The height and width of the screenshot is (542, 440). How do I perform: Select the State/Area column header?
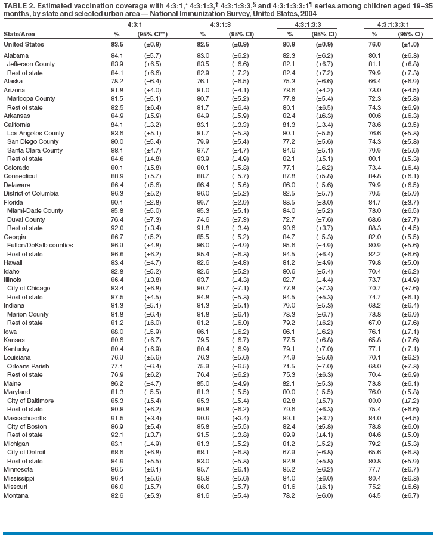(x=18, y=35)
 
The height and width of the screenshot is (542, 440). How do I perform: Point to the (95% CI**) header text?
(x=153, y=35)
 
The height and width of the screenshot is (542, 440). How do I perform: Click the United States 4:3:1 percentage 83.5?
(x=117, y=44)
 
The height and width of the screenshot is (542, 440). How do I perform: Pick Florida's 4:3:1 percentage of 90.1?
(x=117, y=203)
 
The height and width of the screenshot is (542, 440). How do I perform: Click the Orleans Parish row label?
(x=28, y=366)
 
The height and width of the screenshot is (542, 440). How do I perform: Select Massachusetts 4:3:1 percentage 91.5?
(x=117, y=418)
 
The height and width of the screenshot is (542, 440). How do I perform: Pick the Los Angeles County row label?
(x=35, y=133)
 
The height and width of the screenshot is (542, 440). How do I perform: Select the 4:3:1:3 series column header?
(x=217, y=25)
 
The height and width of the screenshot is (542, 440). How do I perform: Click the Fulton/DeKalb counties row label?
(x=40, y=246)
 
